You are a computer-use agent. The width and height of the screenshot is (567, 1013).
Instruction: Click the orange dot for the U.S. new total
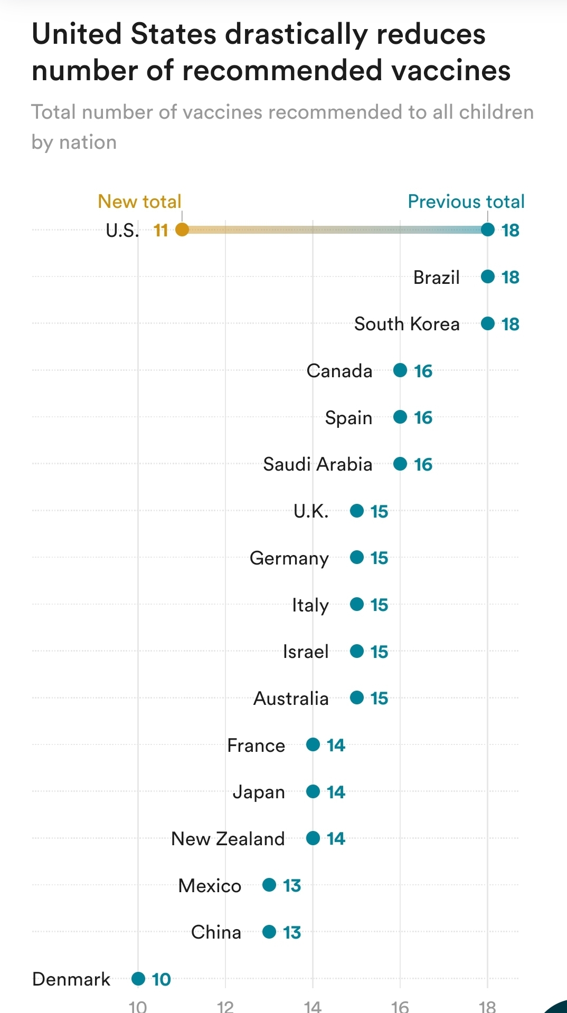pyautogui.click(x=182, y=230)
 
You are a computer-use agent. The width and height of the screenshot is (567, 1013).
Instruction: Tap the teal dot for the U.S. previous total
pyautogui.click(x=488, y=230)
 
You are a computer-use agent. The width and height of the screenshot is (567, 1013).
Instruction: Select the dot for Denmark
pyautogui.click(x=138, y=979)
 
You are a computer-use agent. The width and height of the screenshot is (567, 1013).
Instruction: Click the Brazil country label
pyautogui.click(x=436, y=277)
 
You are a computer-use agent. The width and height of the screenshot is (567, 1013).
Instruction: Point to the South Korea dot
pyautogui.click(x=488, y=323)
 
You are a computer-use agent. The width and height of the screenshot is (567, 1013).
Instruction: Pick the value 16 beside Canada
pyautogui.click(x=423, y=371)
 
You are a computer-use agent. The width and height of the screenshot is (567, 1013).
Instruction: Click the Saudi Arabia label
pyautogui.click(x=317, y=464)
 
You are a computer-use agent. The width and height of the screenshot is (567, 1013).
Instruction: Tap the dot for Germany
pyautogui.click(x=357, y=557)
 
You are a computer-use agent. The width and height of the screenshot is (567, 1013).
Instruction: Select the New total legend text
pyautogui.click(x=139, y=202)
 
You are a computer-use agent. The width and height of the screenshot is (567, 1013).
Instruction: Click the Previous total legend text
pyautogui.click(x=466, y=202)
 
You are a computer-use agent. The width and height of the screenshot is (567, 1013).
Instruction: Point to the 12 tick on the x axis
pyautogui.click(x=225, y=1006)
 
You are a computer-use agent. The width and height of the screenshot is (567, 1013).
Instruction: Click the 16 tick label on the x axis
pyautogui.click(x=400, y=1006)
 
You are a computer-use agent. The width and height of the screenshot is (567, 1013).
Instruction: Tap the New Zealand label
pyautogui.click(x=228, y=838)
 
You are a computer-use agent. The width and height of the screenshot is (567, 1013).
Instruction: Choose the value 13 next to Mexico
pyautogui.click(x=291, y=885)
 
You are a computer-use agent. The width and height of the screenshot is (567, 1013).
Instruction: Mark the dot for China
pyautogui.click(x=269, y=932)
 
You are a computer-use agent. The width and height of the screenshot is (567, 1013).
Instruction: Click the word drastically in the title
pyautogui.click(x=296, y=34)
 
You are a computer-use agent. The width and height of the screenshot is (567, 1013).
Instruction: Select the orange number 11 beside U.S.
pyautogui.click(x=160, y=230)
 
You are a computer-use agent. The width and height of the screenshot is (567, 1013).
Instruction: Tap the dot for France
pyautogui.click(x=313, y=744)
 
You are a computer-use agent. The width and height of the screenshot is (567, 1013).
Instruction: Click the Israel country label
pyautogui.click(x=306, y=652)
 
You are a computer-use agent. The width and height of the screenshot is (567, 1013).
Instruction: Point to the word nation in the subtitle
pyautogui.click(x=88, y=142)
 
